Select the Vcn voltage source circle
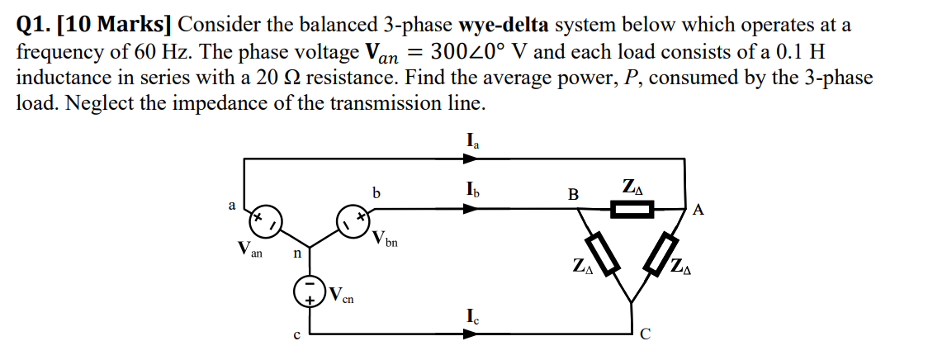(x=310, y=292)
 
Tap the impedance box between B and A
(x=632, y=209)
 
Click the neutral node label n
(x=298, y=253)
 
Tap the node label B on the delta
(x=573, y=195)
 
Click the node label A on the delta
(x=698, y=211)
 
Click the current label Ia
(x=472, y=141)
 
